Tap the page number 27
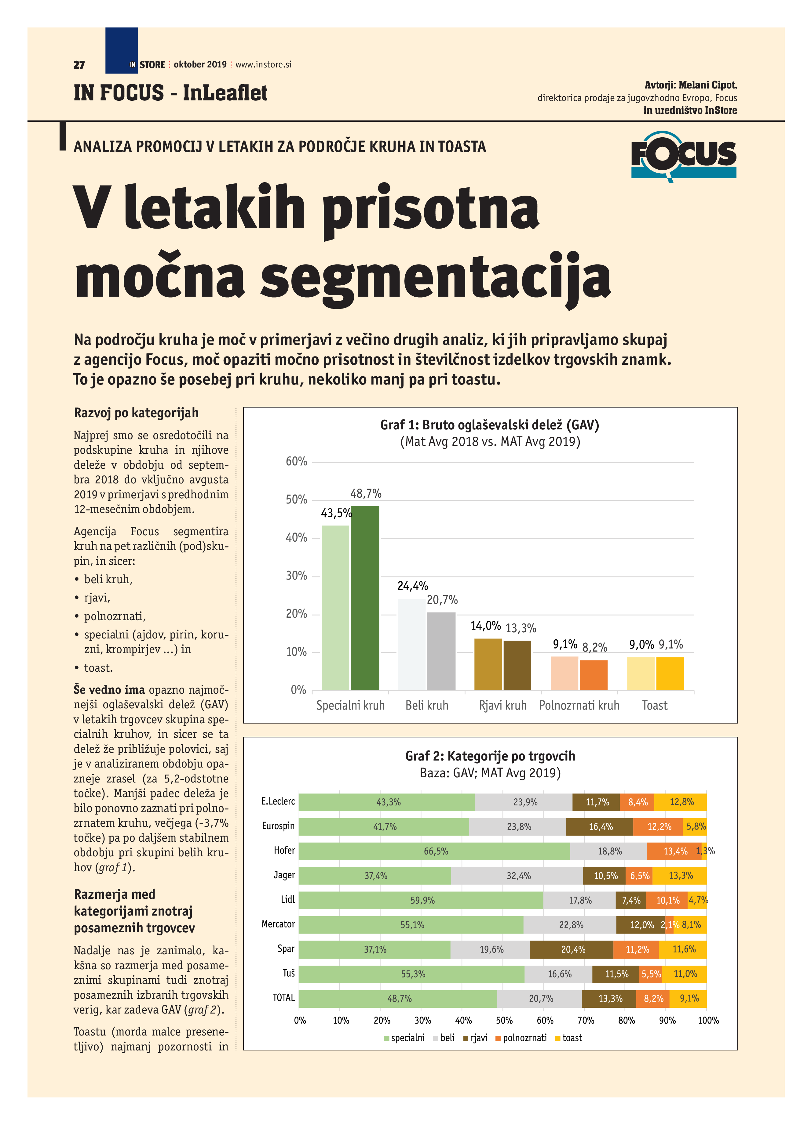tap(79, 65)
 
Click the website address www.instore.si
tap(263, 64)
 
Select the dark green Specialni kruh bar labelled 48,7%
tap(365, 597)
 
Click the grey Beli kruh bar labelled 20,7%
tap(441, 650)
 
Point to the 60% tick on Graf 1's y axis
tap(297, 461)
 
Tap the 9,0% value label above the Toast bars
tap(641, 644)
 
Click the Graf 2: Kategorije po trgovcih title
tap(490, 756)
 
